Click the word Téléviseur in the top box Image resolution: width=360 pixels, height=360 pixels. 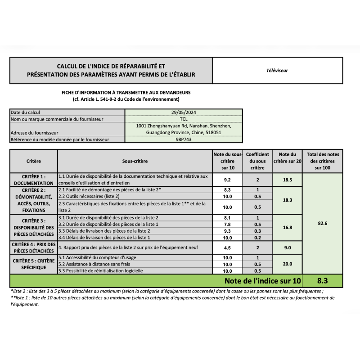coord(277,70)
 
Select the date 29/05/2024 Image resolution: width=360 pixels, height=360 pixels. coord(184,112)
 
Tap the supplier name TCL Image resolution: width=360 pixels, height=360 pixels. coord(184,119)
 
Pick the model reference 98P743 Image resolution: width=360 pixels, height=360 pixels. coord(184,139)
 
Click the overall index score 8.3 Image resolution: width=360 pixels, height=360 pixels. coord(322,280)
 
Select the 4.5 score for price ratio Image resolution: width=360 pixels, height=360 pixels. coord(227,247)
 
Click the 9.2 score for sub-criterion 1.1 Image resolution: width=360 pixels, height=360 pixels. coord(227,180)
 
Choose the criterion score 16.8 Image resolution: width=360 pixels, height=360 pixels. coord(288,228)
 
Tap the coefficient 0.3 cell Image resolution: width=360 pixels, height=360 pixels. coord(257,231)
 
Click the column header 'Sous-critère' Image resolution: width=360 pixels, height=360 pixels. coord(135,161)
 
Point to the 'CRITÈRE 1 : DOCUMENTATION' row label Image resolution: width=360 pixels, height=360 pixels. coord(33,180)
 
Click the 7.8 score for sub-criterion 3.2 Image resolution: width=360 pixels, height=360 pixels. coord(227,224)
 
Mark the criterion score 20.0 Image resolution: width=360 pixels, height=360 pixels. coord(288,264)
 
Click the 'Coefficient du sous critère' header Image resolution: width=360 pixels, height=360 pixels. coord(257,161)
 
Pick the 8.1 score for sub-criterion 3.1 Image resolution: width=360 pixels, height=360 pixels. coord(227,218)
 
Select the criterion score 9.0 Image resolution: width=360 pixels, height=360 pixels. coord(288,247)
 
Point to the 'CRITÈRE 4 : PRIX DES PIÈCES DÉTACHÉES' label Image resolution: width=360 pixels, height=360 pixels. coord(33,247)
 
